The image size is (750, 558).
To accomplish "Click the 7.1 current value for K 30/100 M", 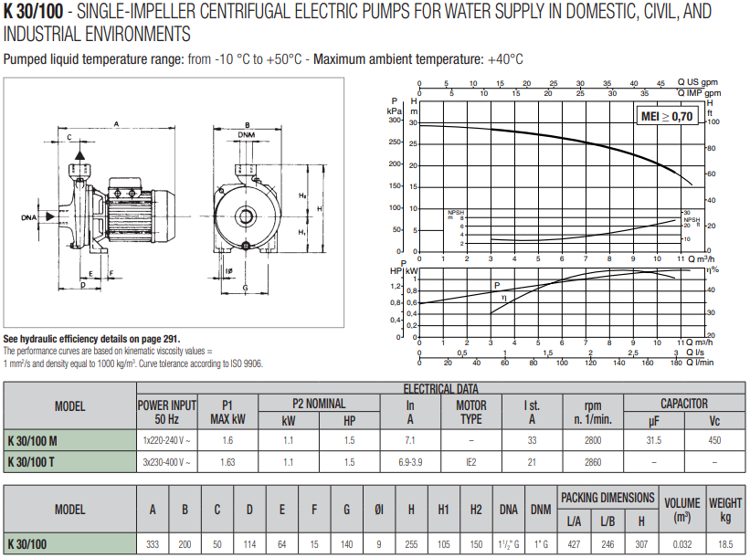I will (x=410, y=439).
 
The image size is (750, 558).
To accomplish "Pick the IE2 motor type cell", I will (x=470, y=462).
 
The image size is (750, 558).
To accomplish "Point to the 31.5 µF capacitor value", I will (x=653, y=439).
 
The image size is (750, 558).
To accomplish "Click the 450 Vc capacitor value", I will (x=714, y=439).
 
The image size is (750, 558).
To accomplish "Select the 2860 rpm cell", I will (x=592, y=462).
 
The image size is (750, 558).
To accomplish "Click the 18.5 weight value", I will (x=725, y=544).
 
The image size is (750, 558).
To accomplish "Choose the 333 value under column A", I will (x=153, y=544).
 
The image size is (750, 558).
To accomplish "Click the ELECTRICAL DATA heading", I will (x=440, y=388).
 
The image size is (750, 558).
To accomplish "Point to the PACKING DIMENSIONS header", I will (x=607, y=498).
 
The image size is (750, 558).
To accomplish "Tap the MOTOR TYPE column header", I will (x=470, y=412).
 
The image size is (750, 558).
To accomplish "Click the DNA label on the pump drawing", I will (x=30, y=217).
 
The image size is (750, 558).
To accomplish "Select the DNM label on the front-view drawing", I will (x=246, y=135).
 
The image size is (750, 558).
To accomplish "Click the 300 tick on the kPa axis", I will (x=395, y=120).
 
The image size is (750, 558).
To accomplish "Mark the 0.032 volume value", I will (x=681, y=544).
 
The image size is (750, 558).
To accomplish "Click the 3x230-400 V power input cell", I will (x=166, y=462).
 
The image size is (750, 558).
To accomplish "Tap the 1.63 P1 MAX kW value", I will (x=227, y=462).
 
